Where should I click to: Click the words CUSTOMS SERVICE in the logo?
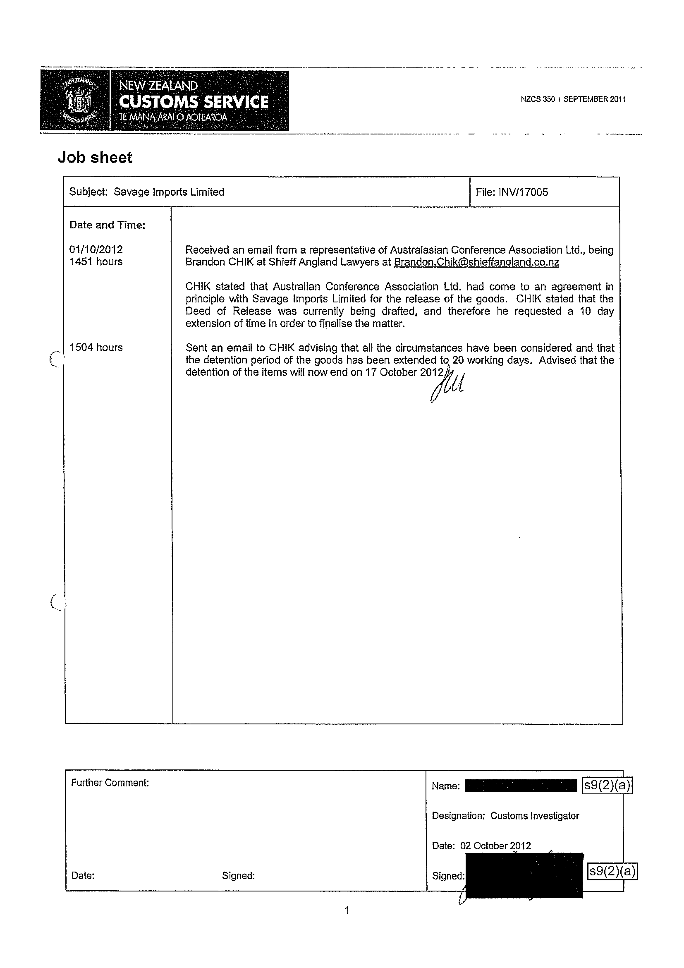(x=194, y=102)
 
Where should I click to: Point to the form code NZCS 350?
(x=537, y=100)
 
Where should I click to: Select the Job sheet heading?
(x=95, y=158)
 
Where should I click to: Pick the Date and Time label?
(x=107, y=225)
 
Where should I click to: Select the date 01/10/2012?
(x=96, y=249)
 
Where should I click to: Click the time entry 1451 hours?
(x=96, y=262)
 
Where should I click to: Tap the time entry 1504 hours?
(x=96, y=348)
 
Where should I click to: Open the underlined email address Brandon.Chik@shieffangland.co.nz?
(x=476, y=262)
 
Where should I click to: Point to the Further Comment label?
(x=110, y=783)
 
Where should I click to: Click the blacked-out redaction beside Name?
(x=521, y=786)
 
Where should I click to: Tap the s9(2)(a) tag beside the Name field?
(x=607, y=786)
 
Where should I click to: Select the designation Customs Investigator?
(x=534, y=816)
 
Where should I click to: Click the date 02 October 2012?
(x=495, y=846)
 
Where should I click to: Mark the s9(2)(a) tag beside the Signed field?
(x=612, y=871)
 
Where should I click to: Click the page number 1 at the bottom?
(x=347, y=911)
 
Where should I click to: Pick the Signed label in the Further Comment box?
(x=238, y=876)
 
